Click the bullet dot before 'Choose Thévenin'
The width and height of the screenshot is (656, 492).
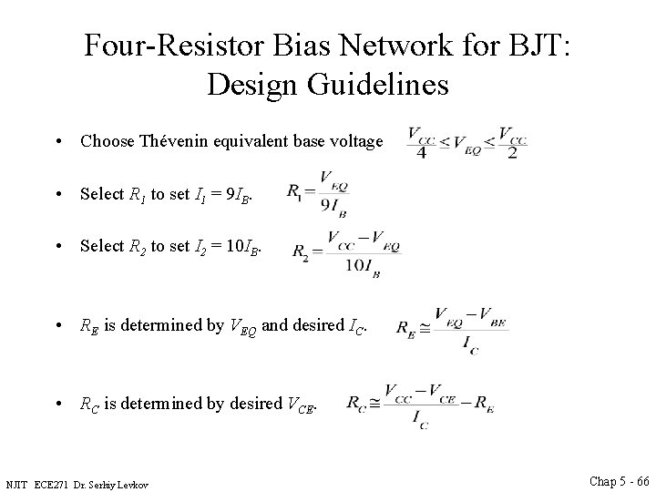tap(57, 142)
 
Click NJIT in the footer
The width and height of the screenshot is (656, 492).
tap(18, 482)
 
